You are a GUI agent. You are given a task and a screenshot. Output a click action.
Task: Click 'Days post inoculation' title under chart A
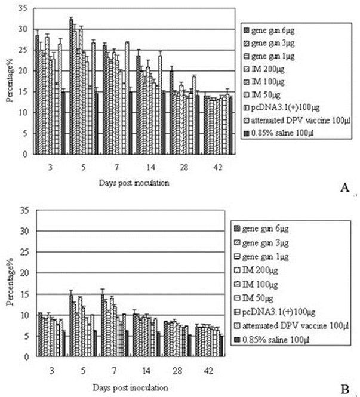point(134,183)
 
